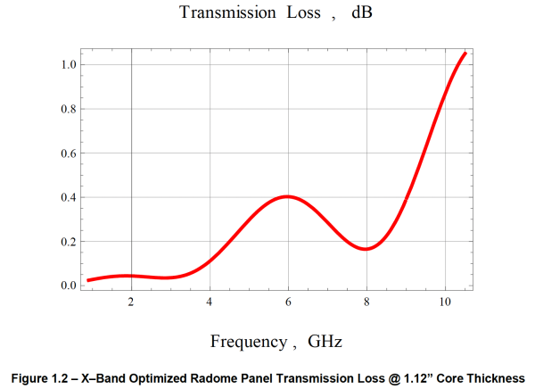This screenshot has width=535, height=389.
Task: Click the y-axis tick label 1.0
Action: [69, 64]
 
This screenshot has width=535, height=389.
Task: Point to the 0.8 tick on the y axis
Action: [69, 109]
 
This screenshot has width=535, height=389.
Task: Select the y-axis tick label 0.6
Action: [69, 153]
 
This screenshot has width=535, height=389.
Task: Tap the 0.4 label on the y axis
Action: [69, 197]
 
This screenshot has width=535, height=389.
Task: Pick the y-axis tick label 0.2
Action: [69, 242]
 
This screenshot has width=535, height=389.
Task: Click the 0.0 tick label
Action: [69, 286]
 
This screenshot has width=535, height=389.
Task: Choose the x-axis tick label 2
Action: [131, 302]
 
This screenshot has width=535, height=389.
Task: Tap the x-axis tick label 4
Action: [210, 302]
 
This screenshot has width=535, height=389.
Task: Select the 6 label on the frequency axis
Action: [288, 302]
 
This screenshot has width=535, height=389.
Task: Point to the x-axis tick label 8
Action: [366, 302]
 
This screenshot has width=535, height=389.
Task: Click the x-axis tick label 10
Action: [445, 302]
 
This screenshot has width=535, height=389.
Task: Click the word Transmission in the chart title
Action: [227, 12]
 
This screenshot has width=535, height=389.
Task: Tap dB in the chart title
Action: [362, 12]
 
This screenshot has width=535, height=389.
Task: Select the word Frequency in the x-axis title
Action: [249, 341]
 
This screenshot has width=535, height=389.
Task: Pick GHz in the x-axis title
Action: [325, 341]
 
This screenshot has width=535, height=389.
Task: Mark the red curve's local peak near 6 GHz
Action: [288, 196]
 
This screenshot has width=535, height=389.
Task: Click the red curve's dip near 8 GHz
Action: [366, 249]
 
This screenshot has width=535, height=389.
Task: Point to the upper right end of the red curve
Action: [465, 53]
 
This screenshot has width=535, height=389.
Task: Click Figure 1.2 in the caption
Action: [43, 378]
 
